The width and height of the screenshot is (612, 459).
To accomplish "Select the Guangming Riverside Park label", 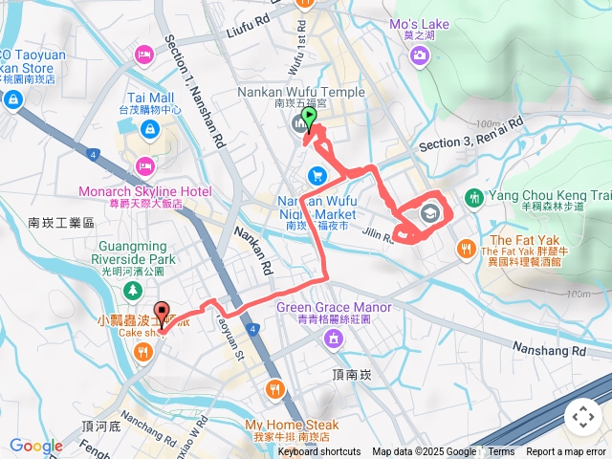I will coord(134,259).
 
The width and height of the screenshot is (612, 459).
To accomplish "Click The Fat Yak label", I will coord(515,240).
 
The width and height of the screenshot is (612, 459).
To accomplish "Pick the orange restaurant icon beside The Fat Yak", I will coord(465,247).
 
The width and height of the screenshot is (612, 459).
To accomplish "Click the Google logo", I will coord(35,446).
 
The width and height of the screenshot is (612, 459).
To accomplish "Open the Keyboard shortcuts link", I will coord(319,452).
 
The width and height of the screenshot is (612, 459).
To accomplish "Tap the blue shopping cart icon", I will coord(317,175).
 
